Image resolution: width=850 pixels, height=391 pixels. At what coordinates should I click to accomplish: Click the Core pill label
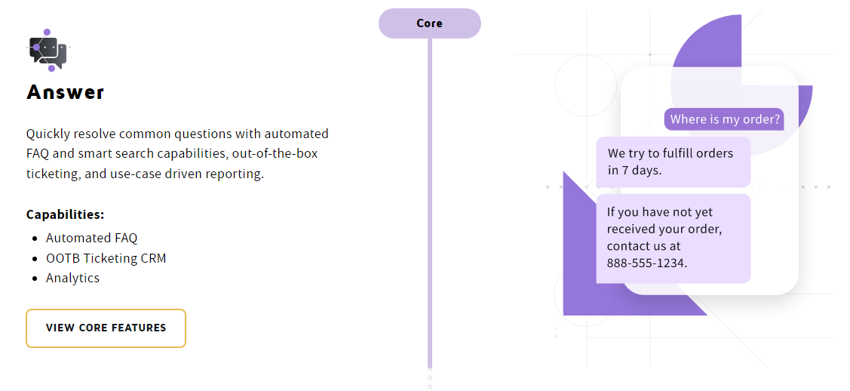pyautogui.click(x=429, y=23)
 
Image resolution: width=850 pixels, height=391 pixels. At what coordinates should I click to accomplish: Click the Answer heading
pyautogui.click(x=66, y=92)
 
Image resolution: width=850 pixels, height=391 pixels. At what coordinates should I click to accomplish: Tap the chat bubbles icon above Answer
pyautogui.click(x=48, y=51)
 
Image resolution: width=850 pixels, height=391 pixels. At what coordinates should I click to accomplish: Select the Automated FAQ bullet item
pyautogui.click(x=91, y=238)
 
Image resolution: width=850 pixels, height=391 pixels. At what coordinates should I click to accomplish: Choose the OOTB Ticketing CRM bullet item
pyautogui.click(x=106, y=258)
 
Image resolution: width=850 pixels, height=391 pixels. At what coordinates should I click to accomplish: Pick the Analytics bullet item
pyautogui.click(x=72, y=278)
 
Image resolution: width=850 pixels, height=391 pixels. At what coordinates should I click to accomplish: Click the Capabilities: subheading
pyautogui.click(x=65, y=214)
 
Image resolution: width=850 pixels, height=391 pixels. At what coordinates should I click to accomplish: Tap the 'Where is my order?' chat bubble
pyautogui.click(x=724, y=119)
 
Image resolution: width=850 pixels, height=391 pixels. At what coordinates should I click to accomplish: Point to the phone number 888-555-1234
pyautogui.click(x=647, y=263)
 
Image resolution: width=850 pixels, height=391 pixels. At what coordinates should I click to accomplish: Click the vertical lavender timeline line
pyautogui.click(x=430, y=204)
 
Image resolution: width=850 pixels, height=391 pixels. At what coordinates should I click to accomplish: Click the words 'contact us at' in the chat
pyautogui.click(x=643, y=246)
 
